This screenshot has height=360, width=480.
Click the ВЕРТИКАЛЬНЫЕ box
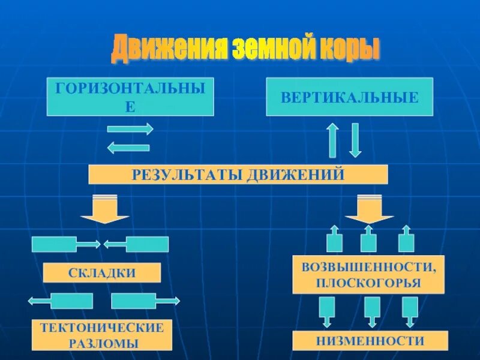[349, 97]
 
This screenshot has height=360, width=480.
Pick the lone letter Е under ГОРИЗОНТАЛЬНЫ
[130, 107]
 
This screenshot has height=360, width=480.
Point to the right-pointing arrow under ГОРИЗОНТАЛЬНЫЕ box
[130, 129]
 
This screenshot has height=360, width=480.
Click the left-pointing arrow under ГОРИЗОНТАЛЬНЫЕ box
[128, 146]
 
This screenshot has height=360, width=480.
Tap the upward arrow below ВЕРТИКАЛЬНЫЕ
[332, 140]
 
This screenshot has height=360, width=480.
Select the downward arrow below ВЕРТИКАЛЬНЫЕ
[355, 140]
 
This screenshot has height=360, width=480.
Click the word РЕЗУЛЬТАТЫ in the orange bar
[180, 175]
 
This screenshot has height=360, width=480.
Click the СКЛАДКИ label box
[102, 273]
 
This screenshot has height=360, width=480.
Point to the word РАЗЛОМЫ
[102, 344]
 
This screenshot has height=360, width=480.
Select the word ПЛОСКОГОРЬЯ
[368, 283]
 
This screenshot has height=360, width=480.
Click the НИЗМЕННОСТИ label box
[370, 341]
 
